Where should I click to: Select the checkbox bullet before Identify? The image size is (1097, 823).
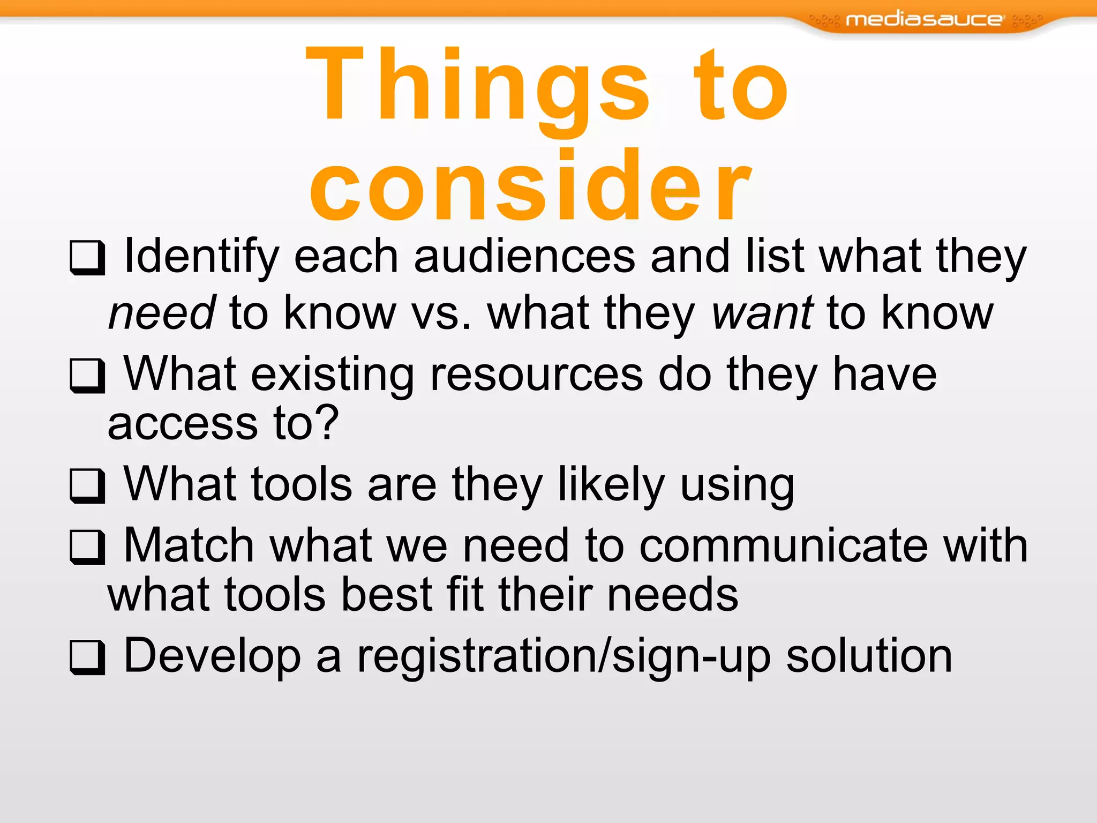86,258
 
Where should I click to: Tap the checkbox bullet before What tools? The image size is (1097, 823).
86,485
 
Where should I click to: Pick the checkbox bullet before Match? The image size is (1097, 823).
86,547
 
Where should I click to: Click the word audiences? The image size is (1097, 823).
524,256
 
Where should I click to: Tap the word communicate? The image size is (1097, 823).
783,545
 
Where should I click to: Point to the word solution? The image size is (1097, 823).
869,656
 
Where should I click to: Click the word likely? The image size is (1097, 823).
611,484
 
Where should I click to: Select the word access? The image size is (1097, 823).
183,423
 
